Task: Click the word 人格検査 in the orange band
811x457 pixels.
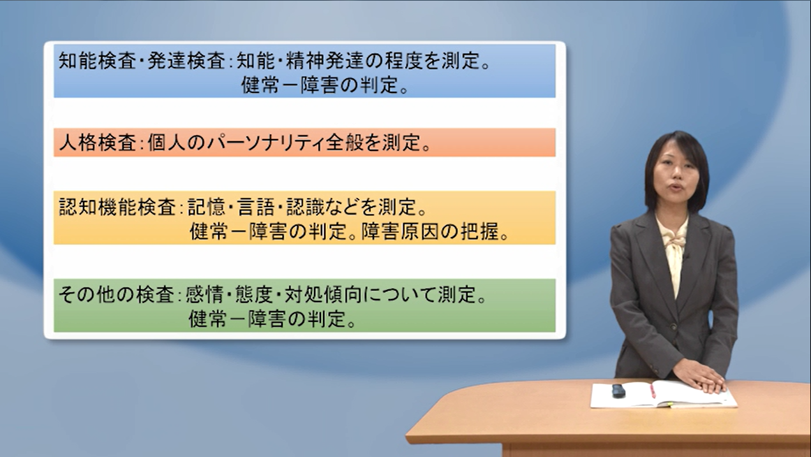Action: [x=98, y=143]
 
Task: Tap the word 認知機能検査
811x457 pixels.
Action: [x=117, y=208]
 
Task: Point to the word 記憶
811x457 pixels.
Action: [x=206, y=208]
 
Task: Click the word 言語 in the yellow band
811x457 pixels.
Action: [x=256, y=208]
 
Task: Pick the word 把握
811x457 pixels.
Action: [x=479, y=232]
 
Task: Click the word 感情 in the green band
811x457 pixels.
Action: [x=204, y=295]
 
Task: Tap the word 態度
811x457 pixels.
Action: [x=254, y=295]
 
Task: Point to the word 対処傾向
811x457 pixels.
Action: [x=323, y=295]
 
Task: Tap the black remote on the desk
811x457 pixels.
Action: [x=618, y=391]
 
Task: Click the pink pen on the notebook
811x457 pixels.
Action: [x=652, y=391]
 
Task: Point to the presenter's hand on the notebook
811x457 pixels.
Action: [x=699, y=376]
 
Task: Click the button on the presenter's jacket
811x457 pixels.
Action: [x=673, y=326]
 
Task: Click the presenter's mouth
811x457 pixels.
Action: [x=675, y=187]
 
